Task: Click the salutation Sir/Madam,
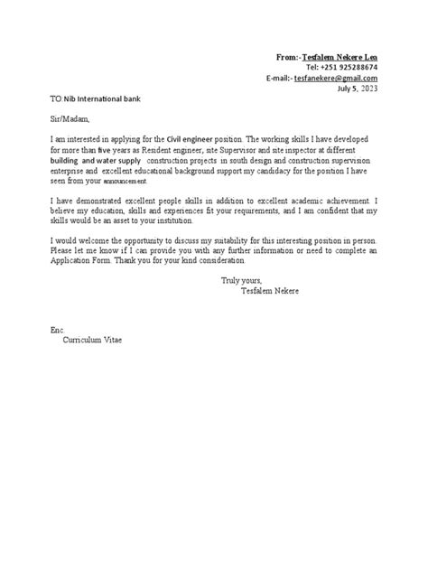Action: (x=71, y=117)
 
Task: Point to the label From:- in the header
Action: (x=288, y=57)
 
